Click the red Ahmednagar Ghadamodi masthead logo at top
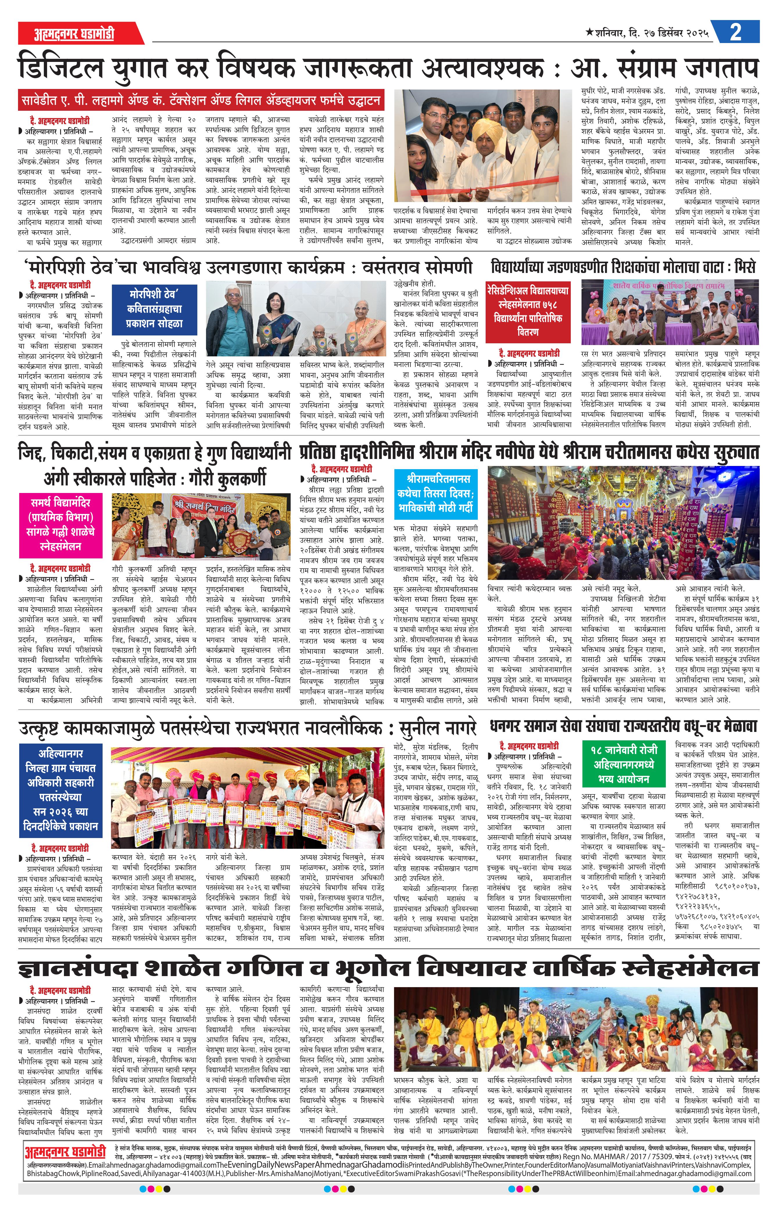(74, 34)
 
